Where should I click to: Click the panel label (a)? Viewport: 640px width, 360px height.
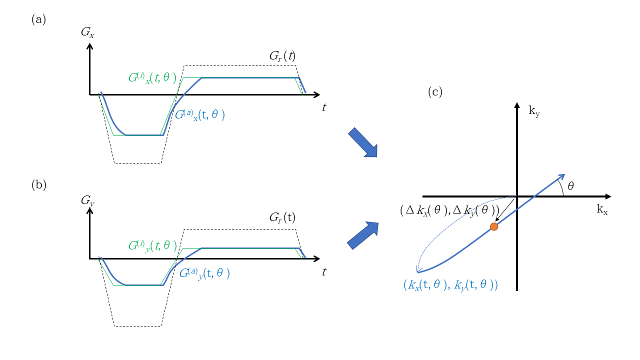point(38,19)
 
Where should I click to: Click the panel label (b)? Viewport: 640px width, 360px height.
point(38,184)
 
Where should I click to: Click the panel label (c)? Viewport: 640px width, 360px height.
point(435,92)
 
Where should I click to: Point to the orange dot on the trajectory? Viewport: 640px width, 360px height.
point(494,226)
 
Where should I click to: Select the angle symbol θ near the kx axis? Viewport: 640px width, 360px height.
point(570,186)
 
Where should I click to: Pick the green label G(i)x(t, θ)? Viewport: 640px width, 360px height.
point(152,78)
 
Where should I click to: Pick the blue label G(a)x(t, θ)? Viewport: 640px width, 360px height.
point(199,114)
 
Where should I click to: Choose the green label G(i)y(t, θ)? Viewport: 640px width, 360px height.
point(152,245)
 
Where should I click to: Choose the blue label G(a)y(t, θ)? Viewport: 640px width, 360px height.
point(204,273)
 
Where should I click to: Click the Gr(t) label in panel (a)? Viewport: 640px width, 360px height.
point(282,56)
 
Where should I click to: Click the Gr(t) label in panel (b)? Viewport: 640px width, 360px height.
point(282,217)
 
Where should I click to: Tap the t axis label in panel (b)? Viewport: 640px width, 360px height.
point(324,271)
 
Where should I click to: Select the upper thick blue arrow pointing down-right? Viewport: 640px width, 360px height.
point(362,142)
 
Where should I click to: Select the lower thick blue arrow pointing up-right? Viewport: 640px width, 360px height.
point(362,235)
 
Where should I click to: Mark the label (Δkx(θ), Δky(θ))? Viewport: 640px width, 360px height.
point(449,210)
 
